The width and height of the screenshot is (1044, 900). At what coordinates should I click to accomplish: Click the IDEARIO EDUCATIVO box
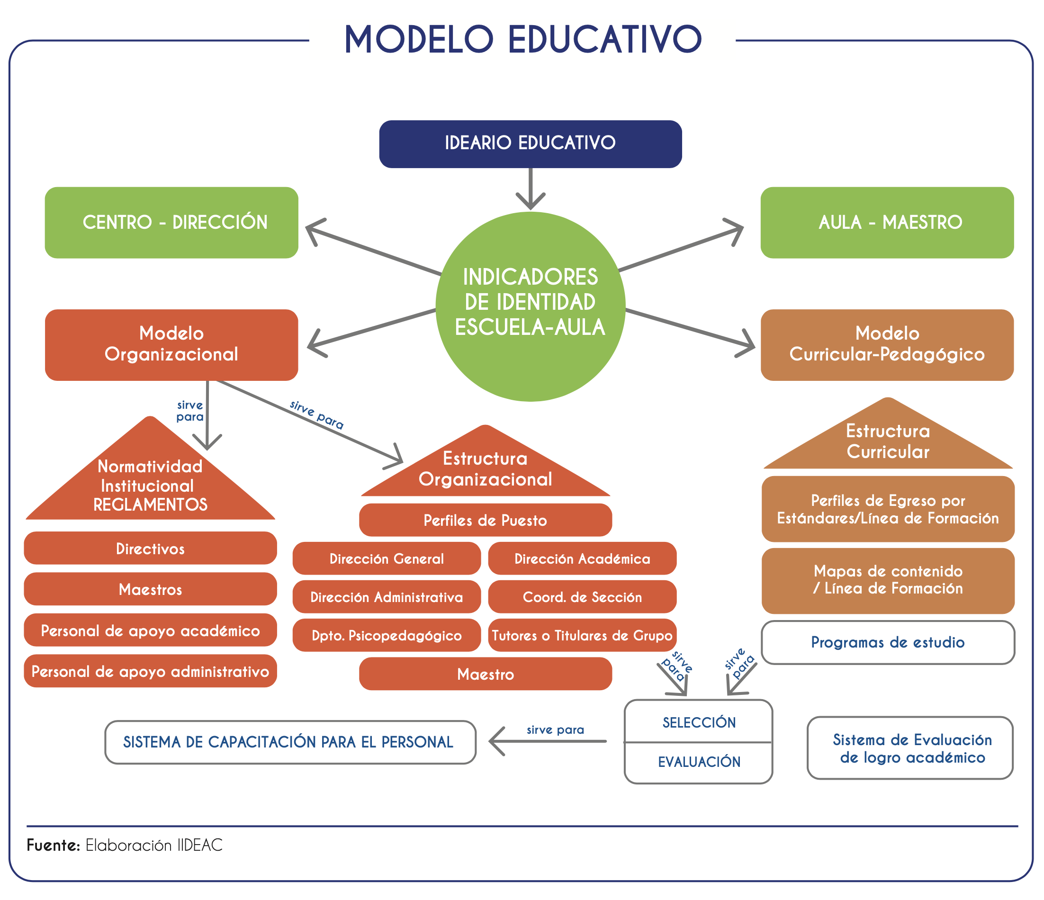[530, 144]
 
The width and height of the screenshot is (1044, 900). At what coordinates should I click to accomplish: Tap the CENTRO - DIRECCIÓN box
[171, 222]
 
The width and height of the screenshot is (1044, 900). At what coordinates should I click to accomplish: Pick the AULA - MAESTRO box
[887, 222]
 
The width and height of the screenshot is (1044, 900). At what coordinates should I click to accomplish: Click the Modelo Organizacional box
[171, 344]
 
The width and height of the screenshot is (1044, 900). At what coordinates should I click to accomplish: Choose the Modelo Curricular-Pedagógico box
[887, 344]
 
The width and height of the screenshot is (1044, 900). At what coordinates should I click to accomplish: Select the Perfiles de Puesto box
[485, 520]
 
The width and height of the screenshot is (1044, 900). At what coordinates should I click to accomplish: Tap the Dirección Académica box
[582, 558]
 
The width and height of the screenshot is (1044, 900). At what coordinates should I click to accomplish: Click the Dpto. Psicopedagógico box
[387, 635]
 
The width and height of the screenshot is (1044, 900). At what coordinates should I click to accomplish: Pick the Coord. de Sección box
[582, 597]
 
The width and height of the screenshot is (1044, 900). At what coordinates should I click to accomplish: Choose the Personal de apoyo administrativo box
[150, 671]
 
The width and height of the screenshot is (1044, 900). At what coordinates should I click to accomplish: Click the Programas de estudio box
[888, 642]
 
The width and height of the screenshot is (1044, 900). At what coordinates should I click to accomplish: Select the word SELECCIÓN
[699, 722]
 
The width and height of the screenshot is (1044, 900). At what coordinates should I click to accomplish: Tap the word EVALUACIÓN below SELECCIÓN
[699, 761]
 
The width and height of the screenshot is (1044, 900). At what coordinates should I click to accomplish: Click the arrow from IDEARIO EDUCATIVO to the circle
[530, 189]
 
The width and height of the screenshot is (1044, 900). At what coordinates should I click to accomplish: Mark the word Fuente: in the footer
[54, 845]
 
